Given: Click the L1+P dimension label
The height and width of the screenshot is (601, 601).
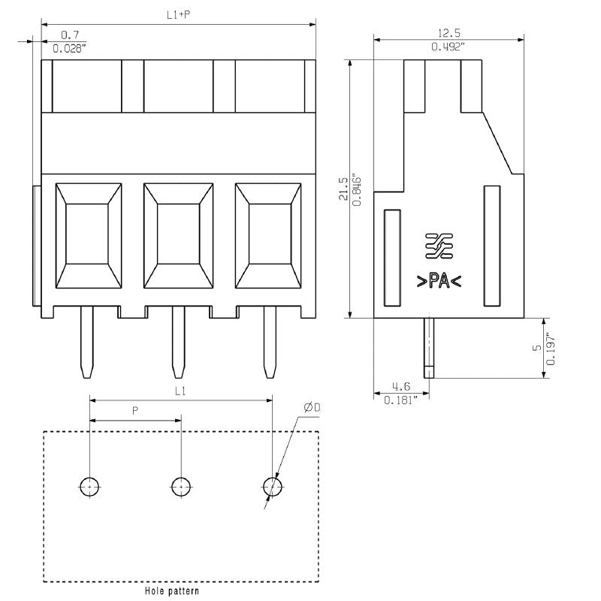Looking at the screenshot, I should coord(178,14).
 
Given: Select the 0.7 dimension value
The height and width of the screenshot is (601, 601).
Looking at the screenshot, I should coord(71,35).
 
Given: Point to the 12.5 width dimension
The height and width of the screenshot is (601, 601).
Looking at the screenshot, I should coord(448,32).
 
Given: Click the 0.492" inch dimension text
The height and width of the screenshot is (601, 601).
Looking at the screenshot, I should coord(448,47).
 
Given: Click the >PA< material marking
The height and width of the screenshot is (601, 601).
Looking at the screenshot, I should coord(439,282).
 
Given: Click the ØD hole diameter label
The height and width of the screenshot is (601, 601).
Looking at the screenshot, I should coord(313,407).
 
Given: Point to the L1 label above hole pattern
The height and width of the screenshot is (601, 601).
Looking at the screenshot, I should coord(180,391).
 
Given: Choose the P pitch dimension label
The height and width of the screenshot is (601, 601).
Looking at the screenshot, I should coord(135,411).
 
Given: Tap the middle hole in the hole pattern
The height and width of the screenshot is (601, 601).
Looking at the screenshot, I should coord(180,487).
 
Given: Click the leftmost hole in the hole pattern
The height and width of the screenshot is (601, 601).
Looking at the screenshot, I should coord(89,487).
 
